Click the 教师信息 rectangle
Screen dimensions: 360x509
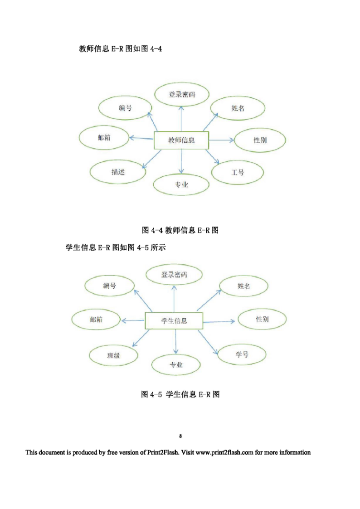(181, 140)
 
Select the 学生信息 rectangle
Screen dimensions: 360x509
(174, 321)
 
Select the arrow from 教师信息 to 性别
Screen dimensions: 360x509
(221, 140)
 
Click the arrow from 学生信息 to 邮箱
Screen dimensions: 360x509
(133, 321)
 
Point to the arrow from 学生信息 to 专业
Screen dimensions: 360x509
(175, 341)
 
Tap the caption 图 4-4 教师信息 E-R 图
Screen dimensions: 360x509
(180, 230)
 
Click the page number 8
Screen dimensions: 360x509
(180, 436)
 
